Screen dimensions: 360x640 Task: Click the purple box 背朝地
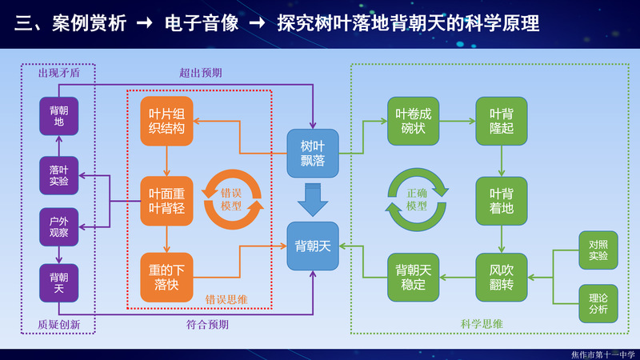(x=58, y=116)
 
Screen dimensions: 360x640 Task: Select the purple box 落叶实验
(x=58, y=175)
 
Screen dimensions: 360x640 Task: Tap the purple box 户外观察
(x=58, y=226)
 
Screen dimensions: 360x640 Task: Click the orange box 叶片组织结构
(x=166, y=121)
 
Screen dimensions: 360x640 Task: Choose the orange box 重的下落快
(x=166, y=277)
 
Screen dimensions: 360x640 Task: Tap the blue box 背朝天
(x=313, y=246)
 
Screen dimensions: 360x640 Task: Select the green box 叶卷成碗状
(x=414, y=121)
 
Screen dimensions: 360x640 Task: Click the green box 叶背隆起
(x=502, y=121)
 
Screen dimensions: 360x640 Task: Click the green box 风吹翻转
(x=502, y=277)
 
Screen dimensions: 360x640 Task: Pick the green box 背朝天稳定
(x=414, y=277)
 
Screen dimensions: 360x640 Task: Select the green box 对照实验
(x=598, y=250)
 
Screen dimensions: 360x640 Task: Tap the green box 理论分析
(x=598, y=303)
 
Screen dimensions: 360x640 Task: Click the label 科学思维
(x=482, y=324)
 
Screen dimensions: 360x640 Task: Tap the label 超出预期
(x=200, y=73)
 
